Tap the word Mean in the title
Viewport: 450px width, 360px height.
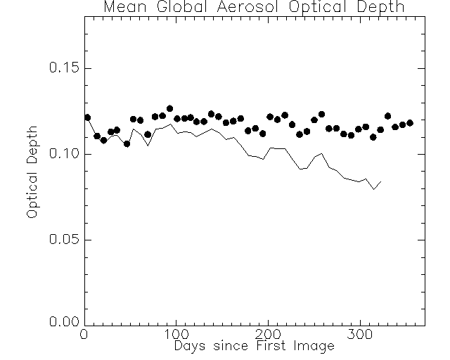(121, 8)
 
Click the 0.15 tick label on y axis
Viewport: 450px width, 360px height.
(60, 68)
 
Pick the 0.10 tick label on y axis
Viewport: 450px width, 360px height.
(60, 154)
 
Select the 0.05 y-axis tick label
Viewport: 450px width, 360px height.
(60, 240)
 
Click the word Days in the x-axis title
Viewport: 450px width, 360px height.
(190, 347)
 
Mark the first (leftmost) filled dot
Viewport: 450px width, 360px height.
(87, 117)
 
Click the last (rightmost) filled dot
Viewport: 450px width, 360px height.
(410, 122)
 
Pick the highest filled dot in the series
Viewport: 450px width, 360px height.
(169, 109)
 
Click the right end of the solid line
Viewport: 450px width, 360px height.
(380, 181)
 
